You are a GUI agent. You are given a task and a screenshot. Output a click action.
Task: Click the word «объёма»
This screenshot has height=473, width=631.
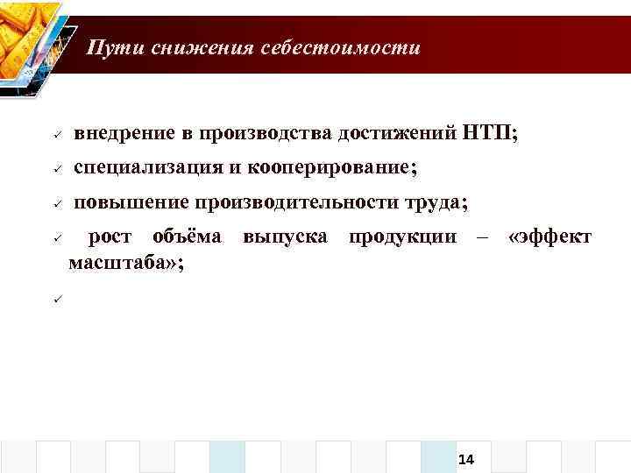tap(187, 236)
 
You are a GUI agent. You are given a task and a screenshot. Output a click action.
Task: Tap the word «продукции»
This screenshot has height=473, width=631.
tap(402, 237)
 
